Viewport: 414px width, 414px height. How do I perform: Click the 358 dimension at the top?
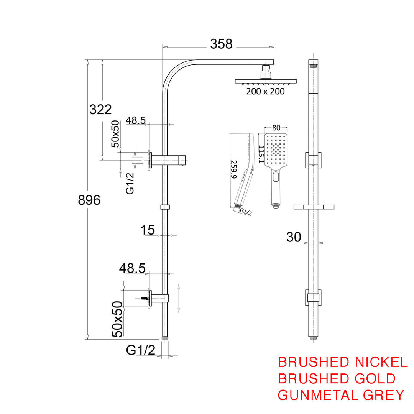coord(221,44)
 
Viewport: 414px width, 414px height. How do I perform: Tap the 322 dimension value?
coord(100,109)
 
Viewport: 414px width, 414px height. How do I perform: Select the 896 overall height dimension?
coord(89,200)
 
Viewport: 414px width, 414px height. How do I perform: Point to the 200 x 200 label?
coord(265,91)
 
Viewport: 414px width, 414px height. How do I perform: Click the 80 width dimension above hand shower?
coord(276,128)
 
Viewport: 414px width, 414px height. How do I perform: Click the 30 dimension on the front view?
coord(294,238)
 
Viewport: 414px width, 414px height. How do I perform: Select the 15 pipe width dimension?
coord(148,230)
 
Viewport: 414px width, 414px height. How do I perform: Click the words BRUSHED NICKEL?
coord(342,362)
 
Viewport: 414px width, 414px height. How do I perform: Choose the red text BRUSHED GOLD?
coord(337,378)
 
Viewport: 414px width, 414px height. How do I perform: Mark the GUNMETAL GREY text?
coord(341,394)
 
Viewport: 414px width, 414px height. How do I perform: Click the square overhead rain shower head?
coord(266,81)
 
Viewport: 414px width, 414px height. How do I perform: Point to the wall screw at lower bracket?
coord(145,298)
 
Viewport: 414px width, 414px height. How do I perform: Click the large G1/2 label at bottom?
coord(140,350)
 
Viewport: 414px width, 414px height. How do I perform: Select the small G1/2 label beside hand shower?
coord(245,212)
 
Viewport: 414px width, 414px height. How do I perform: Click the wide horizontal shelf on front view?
coord(314,207)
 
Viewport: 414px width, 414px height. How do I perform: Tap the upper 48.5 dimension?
coord(136,120)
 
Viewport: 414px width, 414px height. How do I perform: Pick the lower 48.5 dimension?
coord(132,268)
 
